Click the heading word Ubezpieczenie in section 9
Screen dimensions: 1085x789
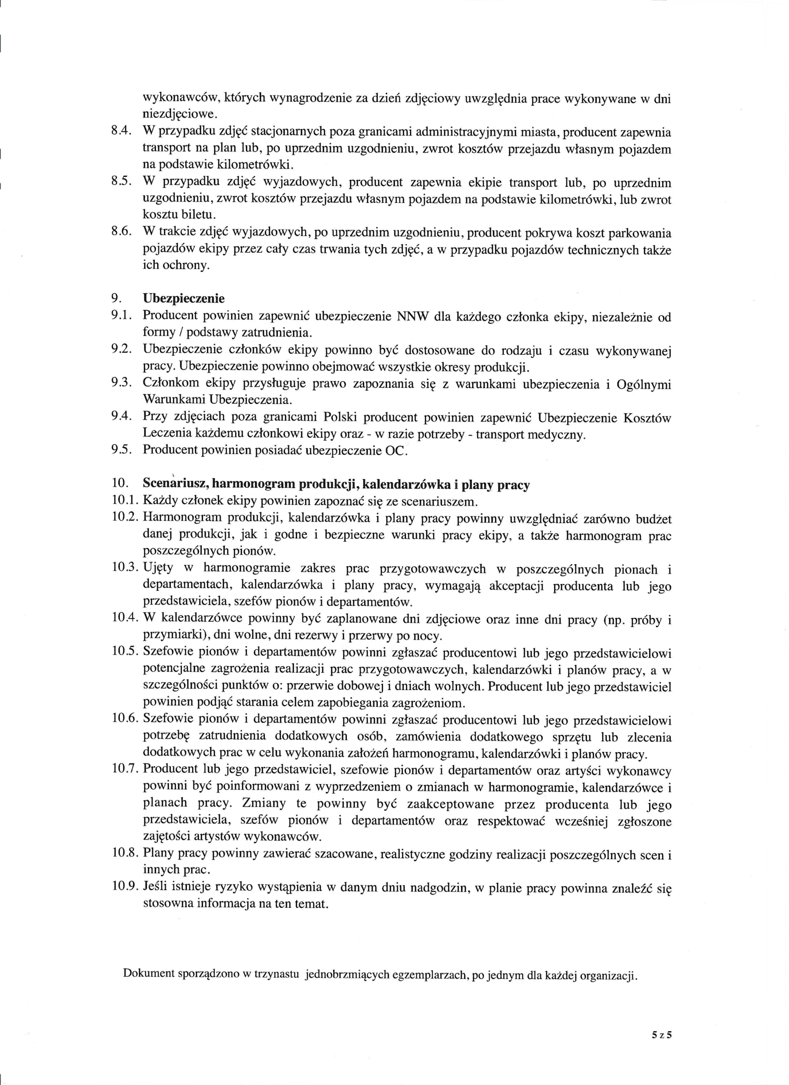pos(184,298)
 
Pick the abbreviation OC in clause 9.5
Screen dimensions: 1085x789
pos(396,450)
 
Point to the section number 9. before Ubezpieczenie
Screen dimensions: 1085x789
pos(116,298)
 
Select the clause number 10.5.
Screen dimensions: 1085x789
pos(125,652)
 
